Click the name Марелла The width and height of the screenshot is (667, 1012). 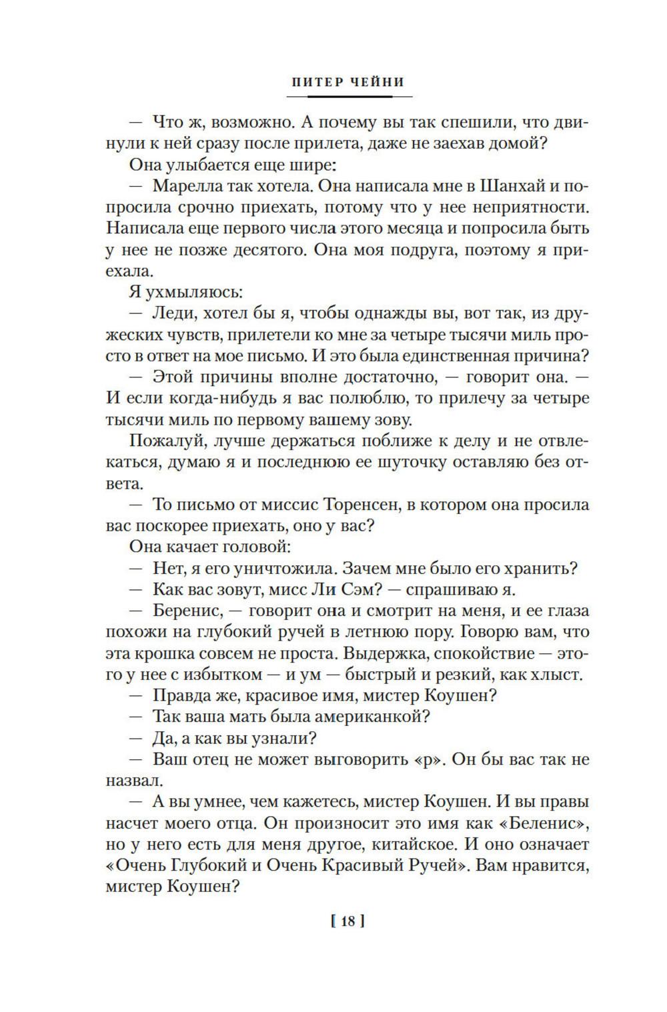187,185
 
